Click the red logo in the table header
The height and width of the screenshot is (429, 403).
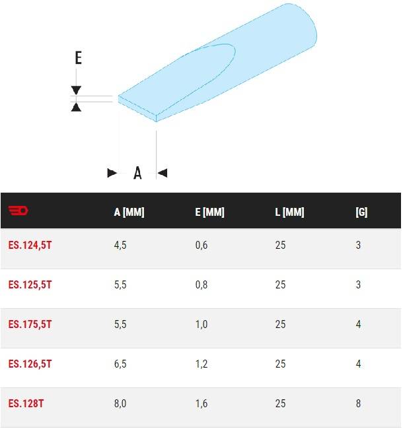pos(18,211)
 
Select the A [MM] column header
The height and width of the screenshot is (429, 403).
pos(129,212)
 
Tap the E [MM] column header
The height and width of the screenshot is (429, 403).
pos(209,212)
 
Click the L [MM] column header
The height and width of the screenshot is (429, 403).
pos(289,212)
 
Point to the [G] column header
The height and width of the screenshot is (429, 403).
pos(361,212)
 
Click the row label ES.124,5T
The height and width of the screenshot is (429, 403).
pos(30,245)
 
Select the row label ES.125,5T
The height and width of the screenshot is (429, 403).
pos(30,285)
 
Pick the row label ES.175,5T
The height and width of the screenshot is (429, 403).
pos(30,325)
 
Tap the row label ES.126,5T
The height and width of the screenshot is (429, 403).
pos(30,364)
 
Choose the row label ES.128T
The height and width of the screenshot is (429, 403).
pos(26,403)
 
